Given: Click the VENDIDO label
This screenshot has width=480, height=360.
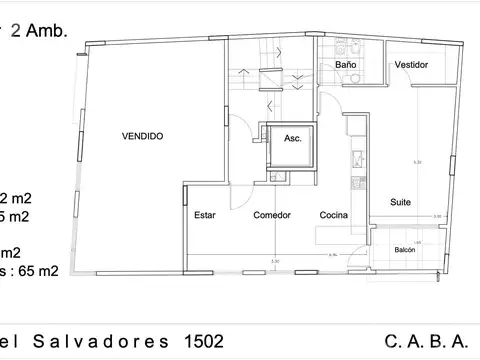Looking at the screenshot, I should (142, 136).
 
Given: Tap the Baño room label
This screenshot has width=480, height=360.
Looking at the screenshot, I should (346, 65).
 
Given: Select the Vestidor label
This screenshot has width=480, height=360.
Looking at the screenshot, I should (411, 65).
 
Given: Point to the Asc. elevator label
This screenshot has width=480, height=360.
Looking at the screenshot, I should (293, 138).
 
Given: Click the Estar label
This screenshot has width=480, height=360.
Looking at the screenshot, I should (205, 215).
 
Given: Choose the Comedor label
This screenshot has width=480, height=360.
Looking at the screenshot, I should (272, 215).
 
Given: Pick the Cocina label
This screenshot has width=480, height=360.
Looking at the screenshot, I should (334, 215).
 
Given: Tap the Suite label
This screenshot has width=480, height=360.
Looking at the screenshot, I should (400, 203).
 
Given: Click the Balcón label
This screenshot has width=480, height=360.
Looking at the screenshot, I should (405, 250).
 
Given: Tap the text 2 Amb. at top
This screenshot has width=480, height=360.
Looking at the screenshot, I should (39, 31).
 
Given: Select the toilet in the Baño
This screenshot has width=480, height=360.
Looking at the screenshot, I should (342, 47).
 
